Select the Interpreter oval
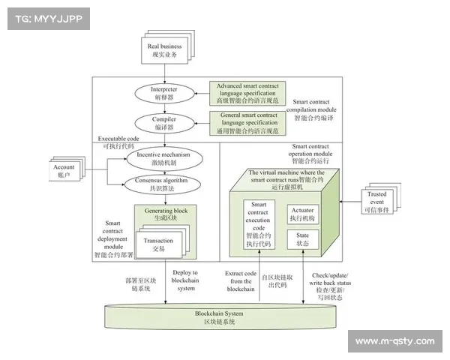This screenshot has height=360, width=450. click(x=158, y=94)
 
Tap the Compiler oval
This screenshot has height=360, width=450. click(x=158, y=122)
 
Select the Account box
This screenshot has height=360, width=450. click(x=66, y=170)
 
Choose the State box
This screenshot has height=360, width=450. click(x=304, y=240)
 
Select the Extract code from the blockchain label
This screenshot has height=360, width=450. click(x=240, y=280)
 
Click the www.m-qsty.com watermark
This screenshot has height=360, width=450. click(x=394, y=341)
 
